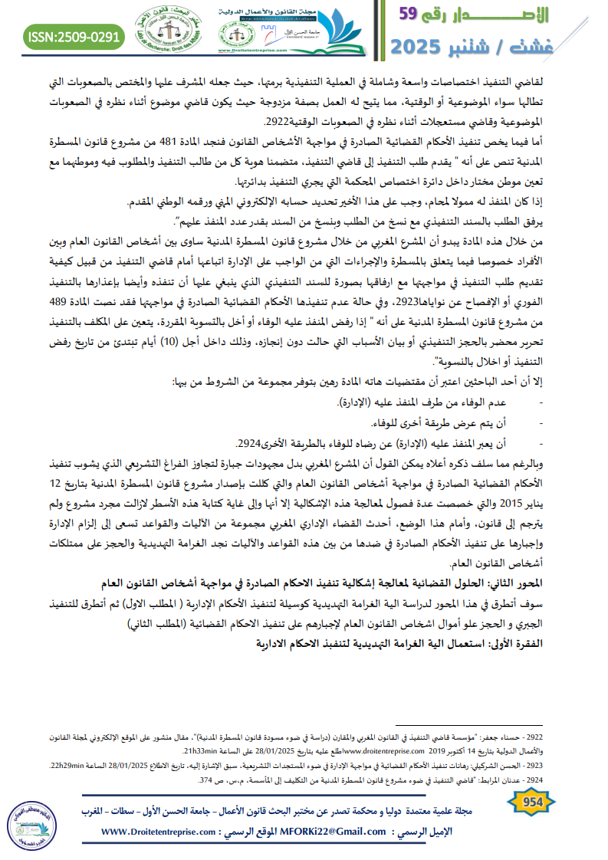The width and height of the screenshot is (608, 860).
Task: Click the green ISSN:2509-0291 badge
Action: (74, 36)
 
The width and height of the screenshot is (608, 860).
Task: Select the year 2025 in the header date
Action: (423, 46)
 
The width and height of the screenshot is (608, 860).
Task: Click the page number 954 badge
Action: (531, 803)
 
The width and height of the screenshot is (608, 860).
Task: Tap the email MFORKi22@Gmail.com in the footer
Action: (334, 832)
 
